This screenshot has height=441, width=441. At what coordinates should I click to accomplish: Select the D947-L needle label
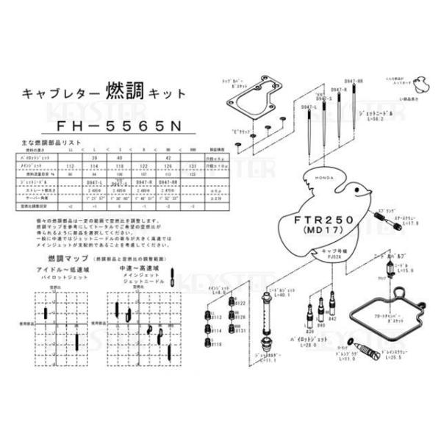pyautogui.click(x=309, y=107)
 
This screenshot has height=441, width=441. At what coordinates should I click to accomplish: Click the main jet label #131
pyautogui.click(x=240, y=332)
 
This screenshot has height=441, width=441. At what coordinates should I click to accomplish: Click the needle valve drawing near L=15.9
pyautogui.click(x=382, y=271)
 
